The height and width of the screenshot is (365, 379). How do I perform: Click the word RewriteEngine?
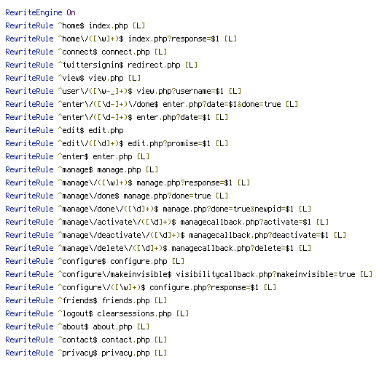pos(34,12)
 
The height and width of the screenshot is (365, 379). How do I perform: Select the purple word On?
pos(71,12)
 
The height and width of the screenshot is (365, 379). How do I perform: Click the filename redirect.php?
pos(154,65)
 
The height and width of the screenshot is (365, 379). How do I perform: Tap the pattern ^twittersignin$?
pos(91,65)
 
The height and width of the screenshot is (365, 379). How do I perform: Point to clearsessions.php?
pos(134,313)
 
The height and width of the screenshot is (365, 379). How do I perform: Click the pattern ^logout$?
pos(76,313)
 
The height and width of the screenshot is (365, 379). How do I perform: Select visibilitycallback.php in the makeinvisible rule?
pos(222,274)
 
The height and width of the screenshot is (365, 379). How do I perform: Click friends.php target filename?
pos(126,300)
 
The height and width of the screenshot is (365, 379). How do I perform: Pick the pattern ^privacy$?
pos(78,353)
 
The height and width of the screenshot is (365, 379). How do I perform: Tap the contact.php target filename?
pos(125,340)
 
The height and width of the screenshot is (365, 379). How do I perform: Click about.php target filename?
pos(112,326)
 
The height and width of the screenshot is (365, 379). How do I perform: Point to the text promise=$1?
pos(189,143)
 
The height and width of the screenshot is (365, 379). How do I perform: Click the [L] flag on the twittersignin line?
pos(191,65)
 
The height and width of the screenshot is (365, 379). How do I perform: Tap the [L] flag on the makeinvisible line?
pos(366,274)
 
